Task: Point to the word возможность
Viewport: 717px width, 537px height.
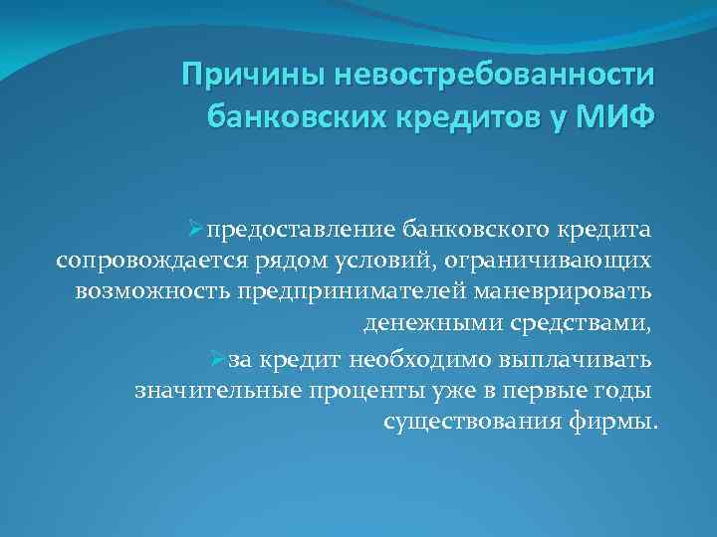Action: coord(152,293)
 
